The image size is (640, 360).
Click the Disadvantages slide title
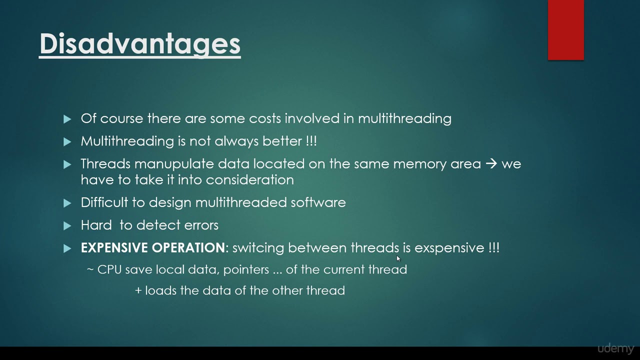point(140,44)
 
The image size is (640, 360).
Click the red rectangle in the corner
point(565,30)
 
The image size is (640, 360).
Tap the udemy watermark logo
point(615,348)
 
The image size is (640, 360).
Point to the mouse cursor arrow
point(398,258)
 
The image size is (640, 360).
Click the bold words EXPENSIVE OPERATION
point(153,247)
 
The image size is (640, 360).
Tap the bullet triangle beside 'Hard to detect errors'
point(67,225)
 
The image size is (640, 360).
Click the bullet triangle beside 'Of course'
point(67,119)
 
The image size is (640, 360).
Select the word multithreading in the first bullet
point(404,118)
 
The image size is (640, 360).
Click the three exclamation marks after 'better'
point(311,141)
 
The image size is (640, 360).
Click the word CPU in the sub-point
point(109,269)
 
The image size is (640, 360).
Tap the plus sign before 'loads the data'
point(138,290)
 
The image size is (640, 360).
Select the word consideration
point(249,180)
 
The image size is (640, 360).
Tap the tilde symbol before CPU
point(90,269)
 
